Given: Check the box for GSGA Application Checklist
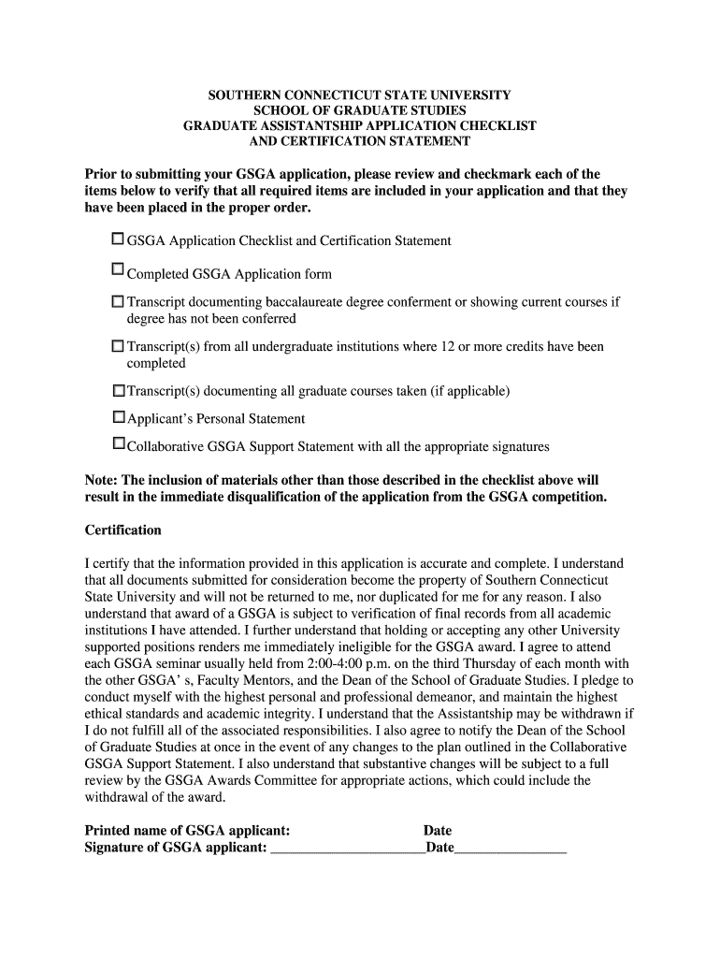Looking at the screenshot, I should pos(118,239).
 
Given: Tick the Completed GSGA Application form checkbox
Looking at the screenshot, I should pos(118,269).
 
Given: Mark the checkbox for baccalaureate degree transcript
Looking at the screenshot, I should pos(118,302).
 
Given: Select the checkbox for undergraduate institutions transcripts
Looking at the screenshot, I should pos(118,346).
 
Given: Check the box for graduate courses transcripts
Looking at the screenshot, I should pos(118,390).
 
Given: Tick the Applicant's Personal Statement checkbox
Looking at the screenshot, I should pos(118,416).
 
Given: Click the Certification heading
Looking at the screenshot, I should pos(122,530).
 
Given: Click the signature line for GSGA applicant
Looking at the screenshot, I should pos(346,849).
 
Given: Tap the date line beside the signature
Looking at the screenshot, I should pos(510,849).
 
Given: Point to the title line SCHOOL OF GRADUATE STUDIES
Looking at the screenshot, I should pos(359,110).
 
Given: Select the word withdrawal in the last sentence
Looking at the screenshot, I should pos(117,797).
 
